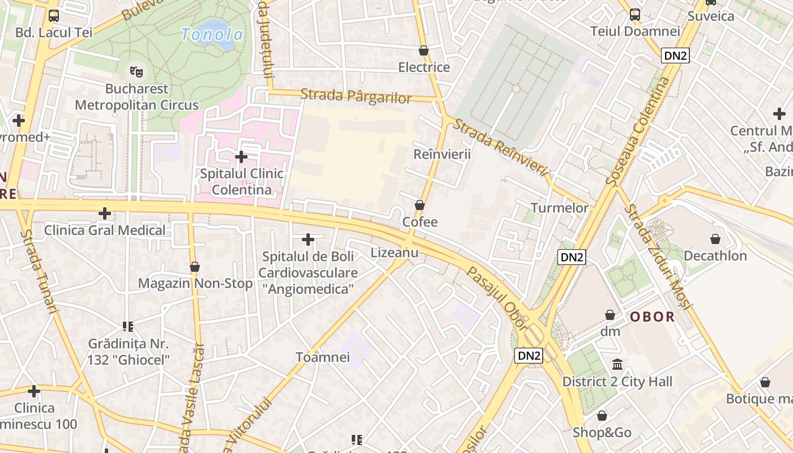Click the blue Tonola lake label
click(x=212, y=35)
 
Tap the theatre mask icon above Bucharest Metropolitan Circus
click(x=135, y=71)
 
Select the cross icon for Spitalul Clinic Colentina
click(x=241, y=156)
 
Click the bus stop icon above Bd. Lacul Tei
click(x=54, y=16)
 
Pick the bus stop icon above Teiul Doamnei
click(x=635, y=15)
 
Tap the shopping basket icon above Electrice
click(x=423, y=50)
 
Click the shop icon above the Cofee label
click(x=420, y=204)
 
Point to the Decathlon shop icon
click(x=715, y=239)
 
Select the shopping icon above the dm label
click(x=610, y=314)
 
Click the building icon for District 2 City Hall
click(x=617, y=364)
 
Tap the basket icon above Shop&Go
click(x=602, y=416)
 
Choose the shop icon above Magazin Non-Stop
click(x=195, y=266)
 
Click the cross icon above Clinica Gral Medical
click(x=105, y=213)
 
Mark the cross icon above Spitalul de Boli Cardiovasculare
click(x=308, y=240)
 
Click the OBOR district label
click(x=653, y=317)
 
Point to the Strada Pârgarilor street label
click(x=356, y=96)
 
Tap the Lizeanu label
click(x=394, y=253)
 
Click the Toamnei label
click(x=323, y=357)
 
